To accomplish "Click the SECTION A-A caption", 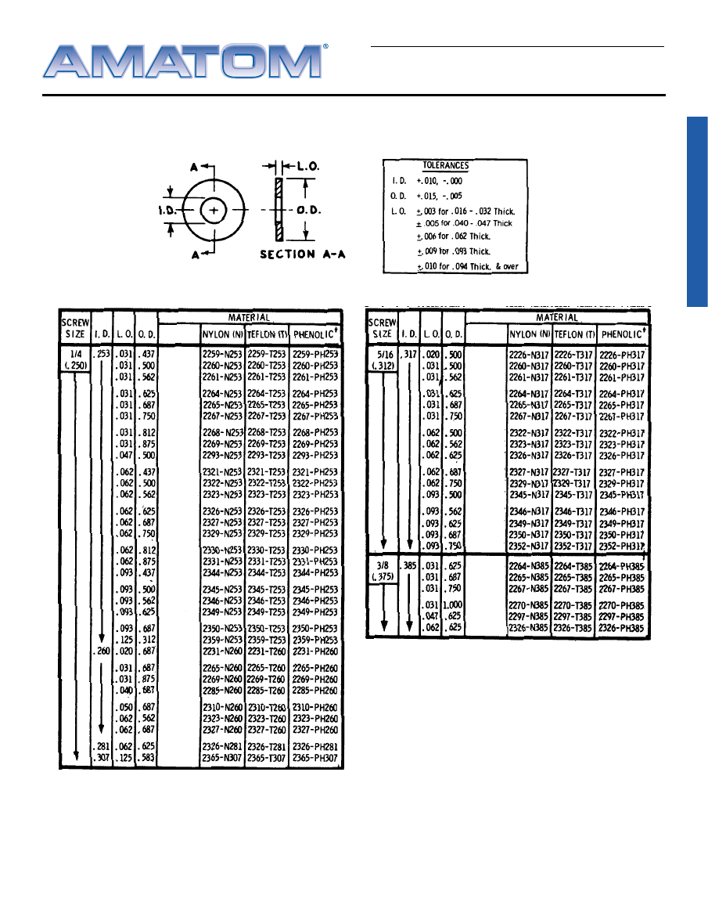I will (x=302, y=254).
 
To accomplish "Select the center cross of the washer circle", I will (x=214, y=210).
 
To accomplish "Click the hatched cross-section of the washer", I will (x=277, y=210).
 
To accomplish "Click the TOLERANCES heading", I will (x=445, y=166).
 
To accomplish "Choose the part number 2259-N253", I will (x=222, y=355).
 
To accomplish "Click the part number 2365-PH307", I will (x=314, y=758).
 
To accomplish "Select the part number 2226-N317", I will (x=528, y=355).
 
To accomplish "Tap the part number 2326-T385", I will (x=574, y=628).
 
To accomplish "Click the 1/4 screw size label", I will (x=76, y=354).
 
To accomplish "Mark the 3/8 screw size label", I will (x=383, y=565).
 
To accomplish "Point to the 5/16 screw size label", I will (x=383, y=354).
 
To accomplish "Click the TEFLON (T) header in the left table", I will (x=266, y=334).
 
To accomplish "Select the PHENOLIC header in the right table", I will (x=624, y=334).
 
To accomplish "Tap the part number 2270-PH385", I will (x=624, y=605).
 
